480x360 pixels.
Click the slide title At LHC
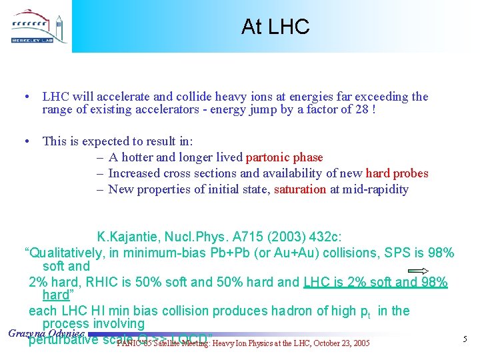275,27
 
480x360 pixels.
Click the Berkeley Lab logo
37,27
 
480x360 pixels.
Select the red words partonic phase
284,157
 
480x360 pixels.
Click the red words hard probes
397,173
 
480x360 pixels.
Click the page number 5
465,340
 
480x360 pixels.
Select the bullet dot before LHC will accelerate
25,97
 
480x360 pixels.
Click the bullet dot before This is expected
25,141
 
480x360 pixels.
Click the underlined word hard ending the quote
55,295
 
